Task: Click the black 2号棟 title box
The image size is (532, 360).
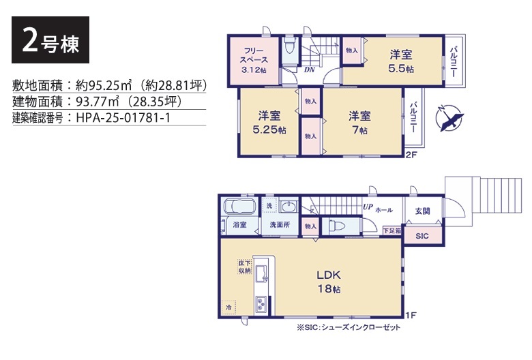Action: pyautogui.click(x=50, y=40)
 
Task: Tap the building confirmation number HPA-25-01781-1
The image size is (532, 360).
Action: pyautogui.click(x=123, y=118)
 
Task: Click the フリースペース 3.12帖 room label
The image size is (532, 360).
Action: pyautogui.click(x=254, y=61)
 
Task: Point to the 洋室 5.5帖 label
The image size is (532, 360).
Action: pyautogui.click(x=401, y=61)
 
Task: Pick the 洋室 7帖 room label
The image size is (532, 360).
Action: pyautogui.click(x=359, y=123)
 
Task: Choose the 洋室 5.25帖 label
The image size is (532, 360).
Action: pyautogui.click(x=269, y=123)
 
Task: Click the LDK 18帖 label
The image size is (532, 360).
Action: pyautogui.click(x=329, y=282)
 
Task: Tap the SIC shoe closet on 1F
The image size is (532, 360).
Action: pyautogui.click(x=422, y=236)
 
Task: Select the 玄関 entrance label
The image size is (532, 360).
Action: pyautogui.click(x=422, y=211)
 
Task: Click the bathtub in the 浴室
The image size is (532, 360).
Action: pyautogui.click(x=239, y=207)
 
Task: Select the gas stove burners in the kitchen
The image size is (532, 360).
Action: pyautogui.click(x=261, y=304)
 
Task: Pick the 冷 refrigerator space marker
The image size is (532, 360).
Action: pyautogui.click(x=228, y=307)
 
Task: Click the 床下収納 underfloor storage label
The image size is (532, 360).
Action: pyautogui.click(x=244, y=267)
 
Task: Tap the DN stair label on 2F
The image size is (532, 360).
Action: pyautogui.click(x=310, y=70)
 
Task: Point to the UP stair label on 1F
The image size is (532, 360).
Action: pyautogui.click(x=368, y=207)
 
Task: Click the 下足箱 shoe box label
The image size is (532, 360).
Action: pyautogui.click(x=392, y=230)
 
